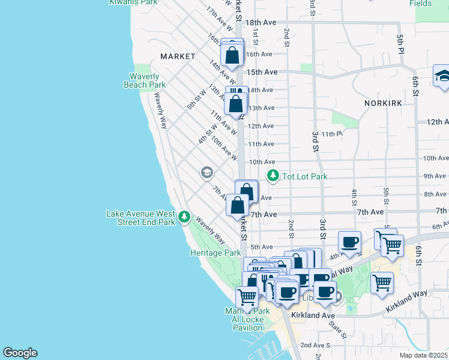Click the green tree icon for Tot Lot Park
coord(274,176)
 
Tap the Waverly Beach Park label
coord(145,80)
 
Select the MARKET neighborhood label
coord(178,56)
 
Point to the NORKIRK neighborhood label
coord(382,103)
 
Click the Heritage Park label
coord(215,253)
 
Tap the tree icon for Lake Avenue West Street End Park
coord(185,216)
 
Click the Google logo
coord(20,353)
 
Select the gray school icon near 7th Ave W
coord(207,173)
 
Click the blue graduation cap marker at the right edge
coord(442,77)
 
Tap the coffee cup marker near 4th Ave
coord(349,242)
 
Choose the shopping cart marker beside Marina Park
coord(247,296)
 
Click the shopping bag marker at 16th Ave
coord(232,55)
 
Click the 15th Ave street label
coord(262,72)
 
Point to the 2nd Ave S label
coord(315,345)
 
